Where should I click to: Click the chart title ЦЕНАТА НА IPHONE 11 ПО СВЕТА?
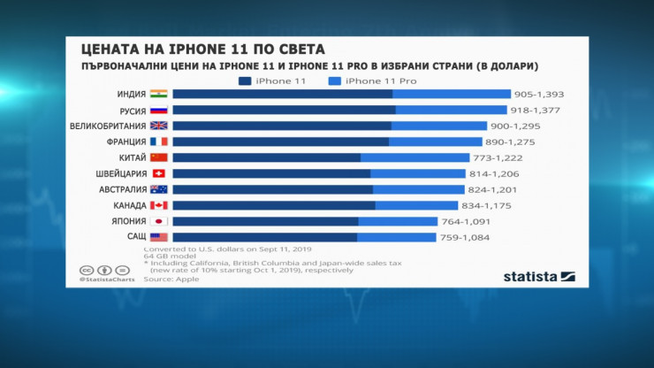pyautogui.click(x=202, y=47)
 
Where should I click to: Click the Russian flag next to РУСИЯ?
pyautogui.click(x=159, y=111)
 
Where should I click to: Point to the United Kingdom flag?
pyautogui.click(x=159, y=126)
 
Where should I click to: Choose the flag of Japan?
pyautogui.click(x=159, y=221)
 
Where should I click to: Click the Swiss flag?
pyautogui.click(x=159, y=173)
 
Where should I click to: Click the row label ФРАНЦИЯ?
pyautogui.click(x=122, y=142)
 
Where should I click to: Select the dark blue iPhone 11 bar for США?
pyautogui.click(x=264, y=237)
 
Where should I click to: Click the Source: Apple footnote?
pyautogui.click(x=171, y=279)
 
